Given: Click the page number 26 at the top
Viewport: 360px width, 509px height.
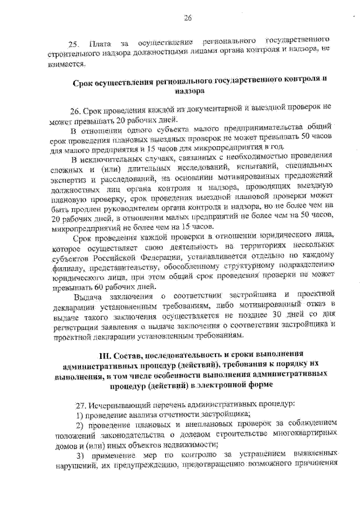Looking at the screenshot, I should point(187,18).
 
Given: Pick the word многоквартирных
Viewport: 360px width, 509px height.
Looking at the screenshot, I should point(304,435).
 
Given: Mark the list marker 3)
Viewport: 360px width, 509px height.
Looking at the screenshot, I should point(80,455).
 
